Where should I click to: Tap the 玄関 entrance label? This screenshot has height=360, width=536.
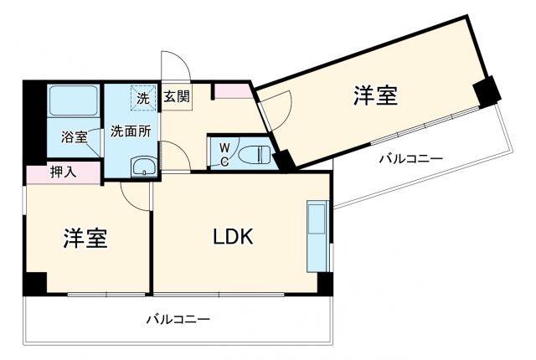click(176, 97)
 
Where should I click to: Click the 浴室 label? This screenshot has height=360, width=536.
click(74, 137)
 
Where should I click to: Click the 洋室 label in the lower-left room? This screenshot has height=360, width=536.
click(85, 238)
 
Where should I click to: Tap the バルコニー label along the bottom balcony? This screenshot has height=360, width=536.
click(178, 320)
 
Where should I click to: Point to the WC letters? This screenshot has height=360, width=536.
click(224, 155)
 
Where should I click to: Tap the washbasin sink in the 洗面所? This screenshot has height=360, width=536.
click(145, 166)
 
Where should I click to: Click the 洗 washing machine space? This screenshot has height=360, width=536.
click(142, 97)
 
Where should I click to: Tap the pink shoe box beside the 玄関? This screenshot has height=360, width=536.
click(232, 90)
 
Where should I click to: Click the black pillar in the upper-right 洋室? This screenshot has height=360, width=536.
click(485, 91)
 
